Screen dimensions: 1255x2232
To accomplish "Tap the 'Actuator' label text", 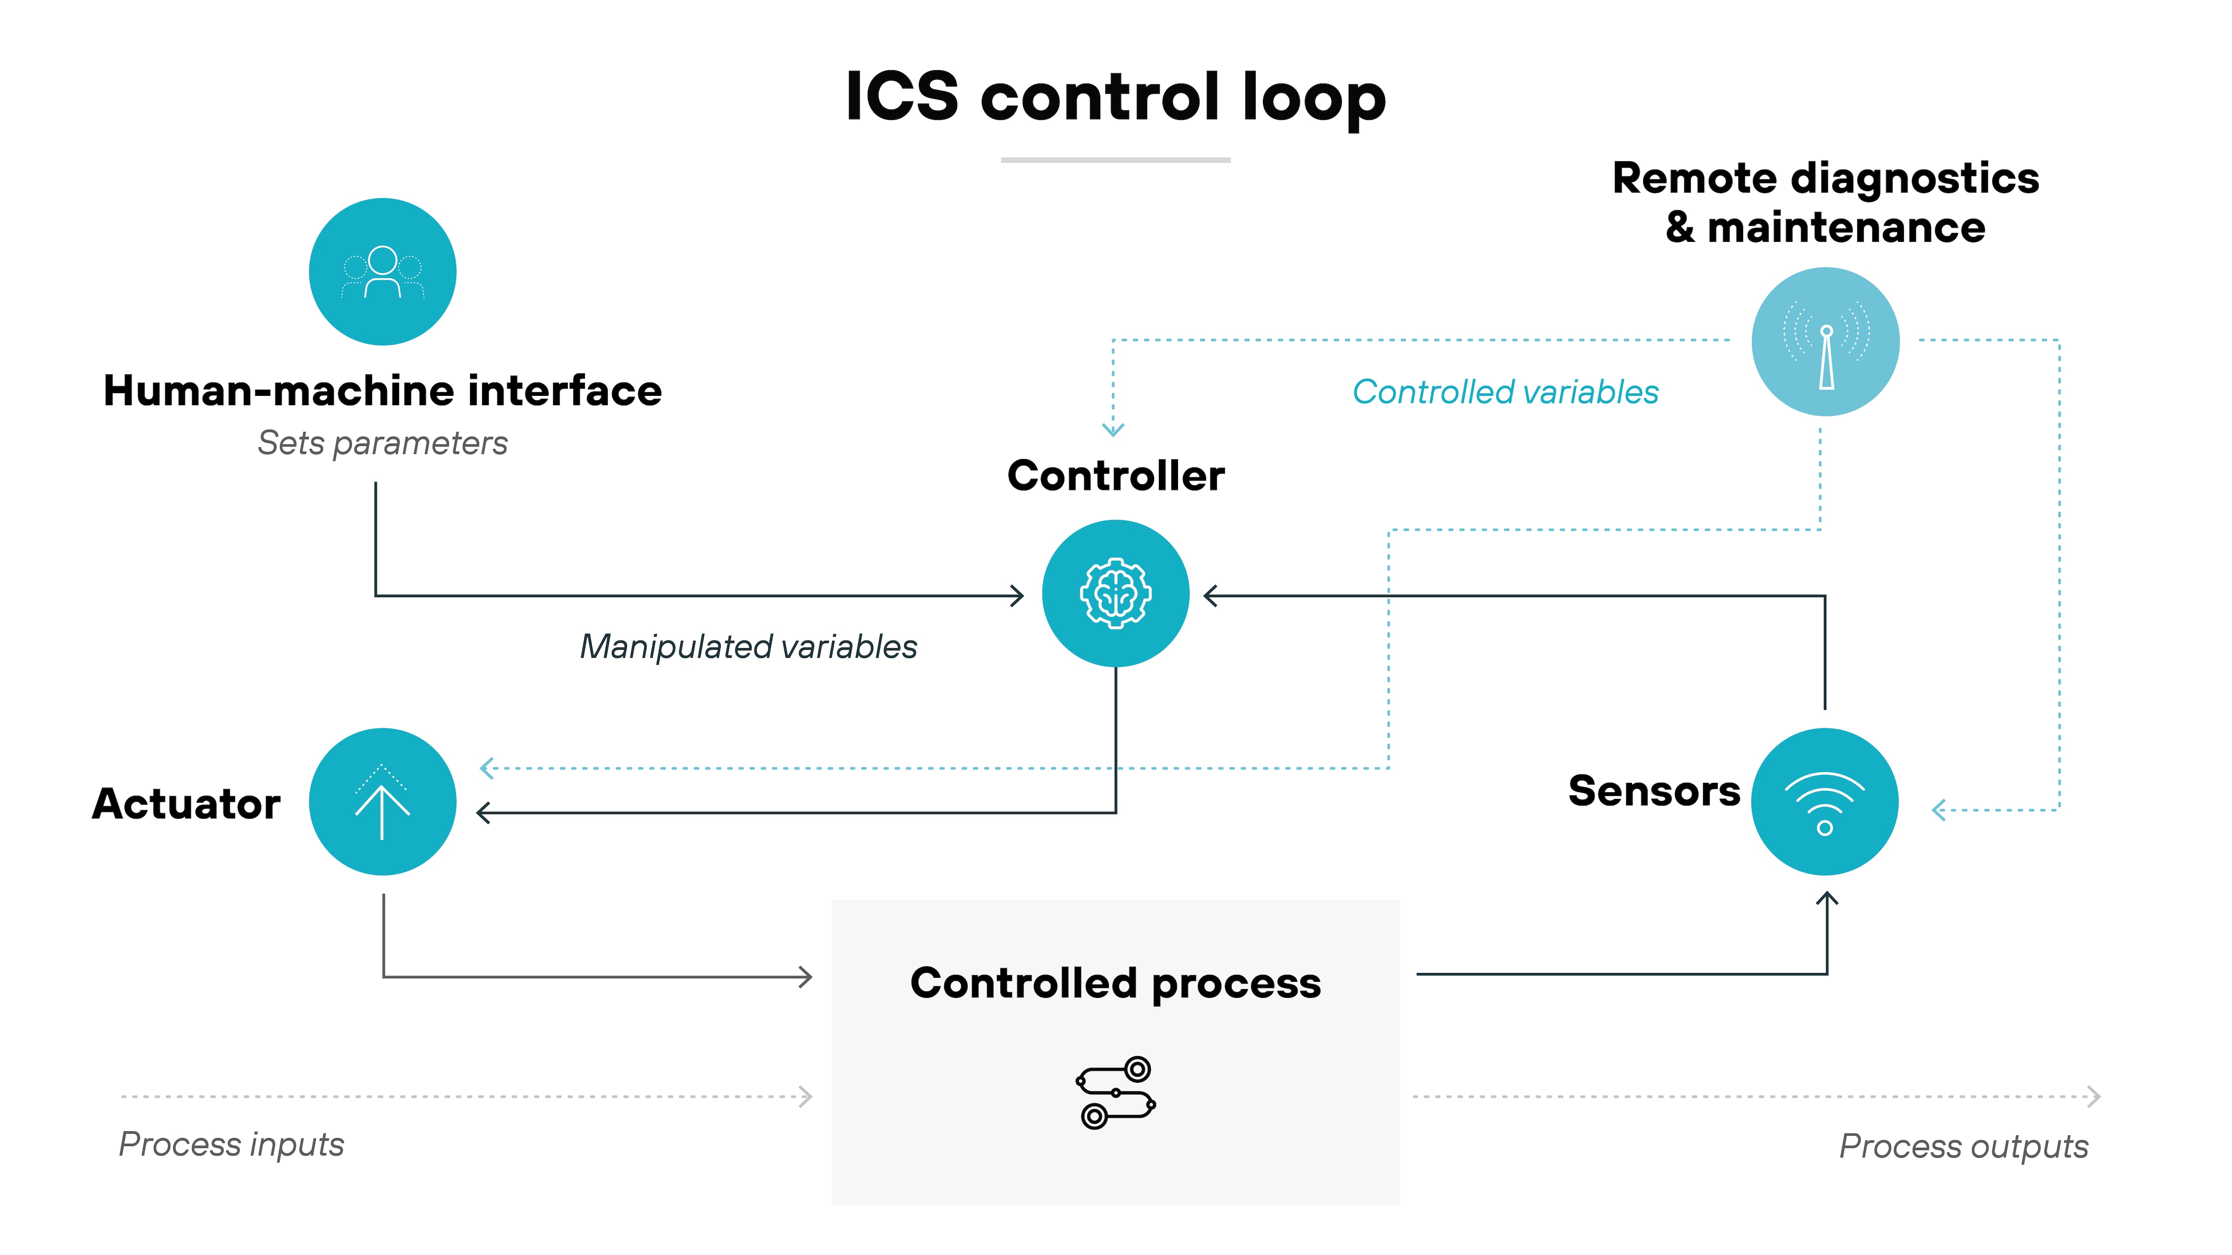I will pyautogui.click(x=186, y=804).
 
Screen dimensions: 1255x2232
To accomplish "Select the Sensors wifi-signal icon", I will pyautogui.click(x=1825, y=802).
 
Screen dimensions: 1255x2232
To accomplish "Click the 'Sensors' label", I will pyautogui.click(x=1653, y=791).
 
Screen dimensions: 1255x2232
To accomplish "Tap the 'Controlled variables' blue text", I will pyautogui.click(x=1505, y=392).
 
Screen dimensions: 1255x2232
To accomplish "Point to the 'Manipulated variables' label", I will pyautogui.click(x=748, y=647).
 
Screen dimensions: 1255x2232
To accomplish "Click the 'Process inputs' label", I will pyautogui.click(x=231, y=1144).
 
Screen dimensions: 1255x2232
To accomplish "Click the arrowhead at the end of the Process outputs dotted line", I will pyautogui.click(x=2094, y=1097).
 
